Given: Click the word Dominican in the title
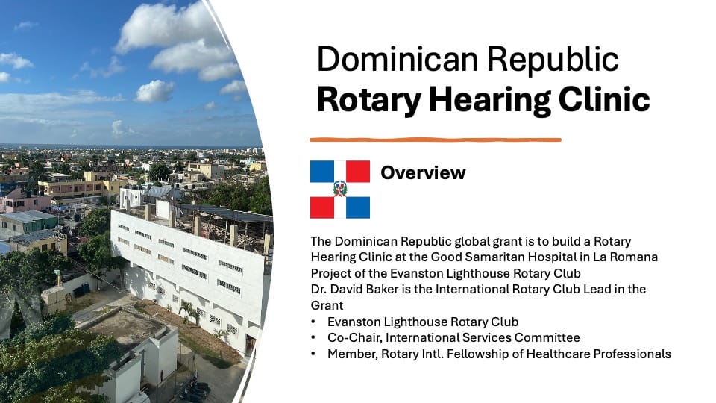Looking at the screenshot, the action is click(x=398, y=60).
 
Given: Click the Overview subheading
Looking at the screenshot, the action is click(x=423, y=172).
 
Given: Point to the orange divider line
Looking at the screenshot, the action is click(x=435, y=140).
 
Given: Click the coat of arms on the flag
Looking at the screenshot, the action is click(x=340, y=189).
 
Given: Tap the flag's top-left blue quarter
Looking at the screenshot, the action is click(x=322, y=172).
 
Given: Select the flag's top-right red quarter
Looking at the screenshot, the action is click(x=358, y=172).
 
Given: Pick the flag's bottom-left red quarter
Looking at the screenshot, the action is click(x=322, y=207).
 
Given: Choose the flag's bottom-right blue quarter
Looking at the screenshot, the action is click(x=358, y=207).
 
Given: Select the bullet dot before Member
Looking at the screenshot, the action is click(x=313, y=354).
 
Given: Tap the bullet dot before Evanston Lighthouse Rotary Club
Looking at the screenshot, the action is click(x=313, y=322).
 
